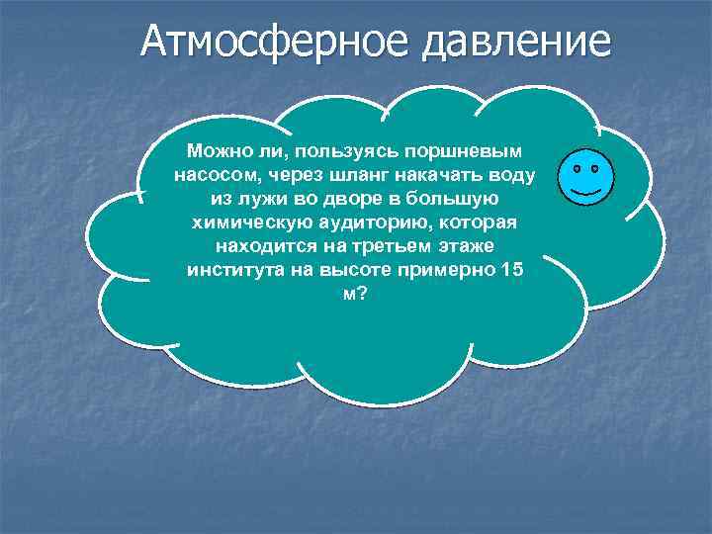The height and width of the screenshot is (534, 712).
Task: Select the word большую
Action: click(466, 198)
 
